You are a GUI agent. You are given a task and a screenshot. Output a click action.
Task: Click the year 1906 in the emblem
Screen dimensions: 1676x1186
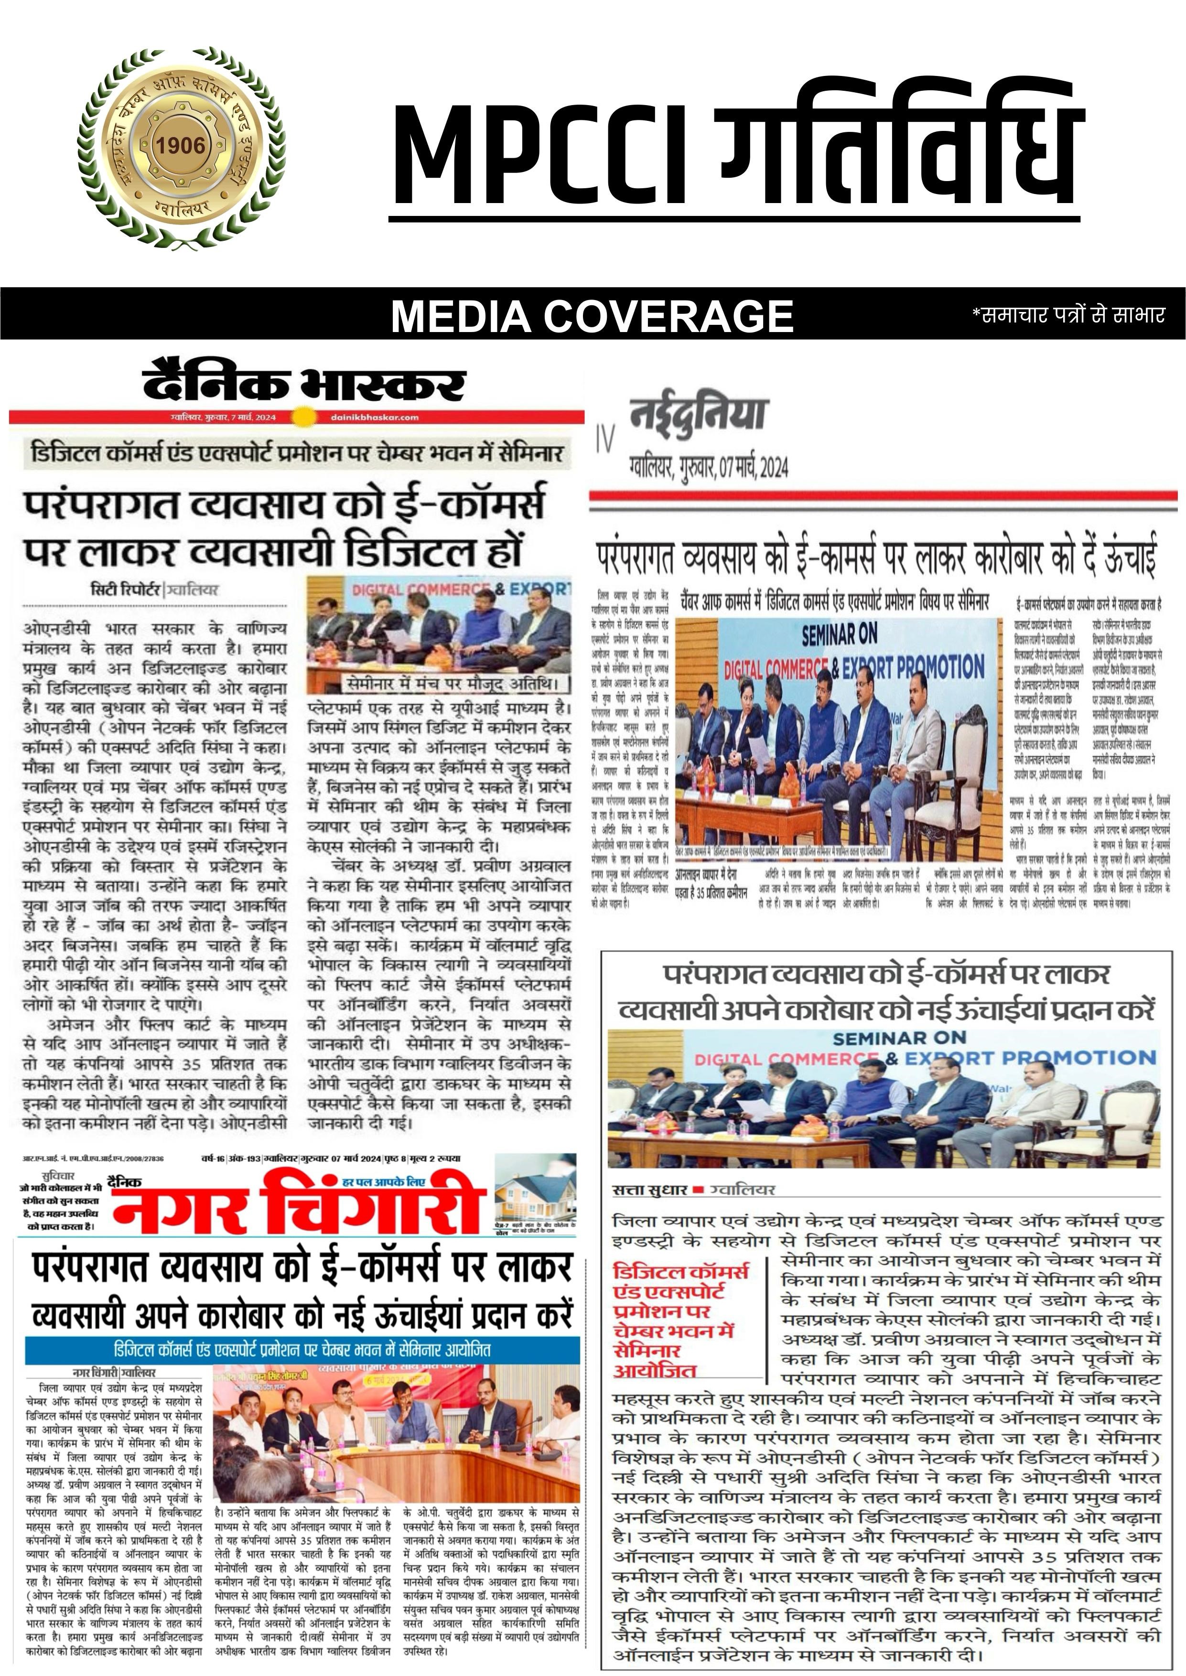(x=181, y=145)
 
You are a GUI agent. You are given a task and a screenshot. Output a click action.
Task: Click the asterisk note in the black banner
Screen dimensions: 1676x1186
(x=1067, y=315)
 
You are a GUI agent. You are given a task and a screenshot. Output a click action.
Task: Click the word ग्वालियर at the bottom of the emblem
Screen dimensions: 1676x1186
(x=183, y=209)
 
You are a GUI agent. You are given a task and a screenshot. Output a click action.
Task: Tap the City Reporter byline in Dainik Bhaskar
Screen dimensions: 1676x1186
(x=154, y=590)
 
